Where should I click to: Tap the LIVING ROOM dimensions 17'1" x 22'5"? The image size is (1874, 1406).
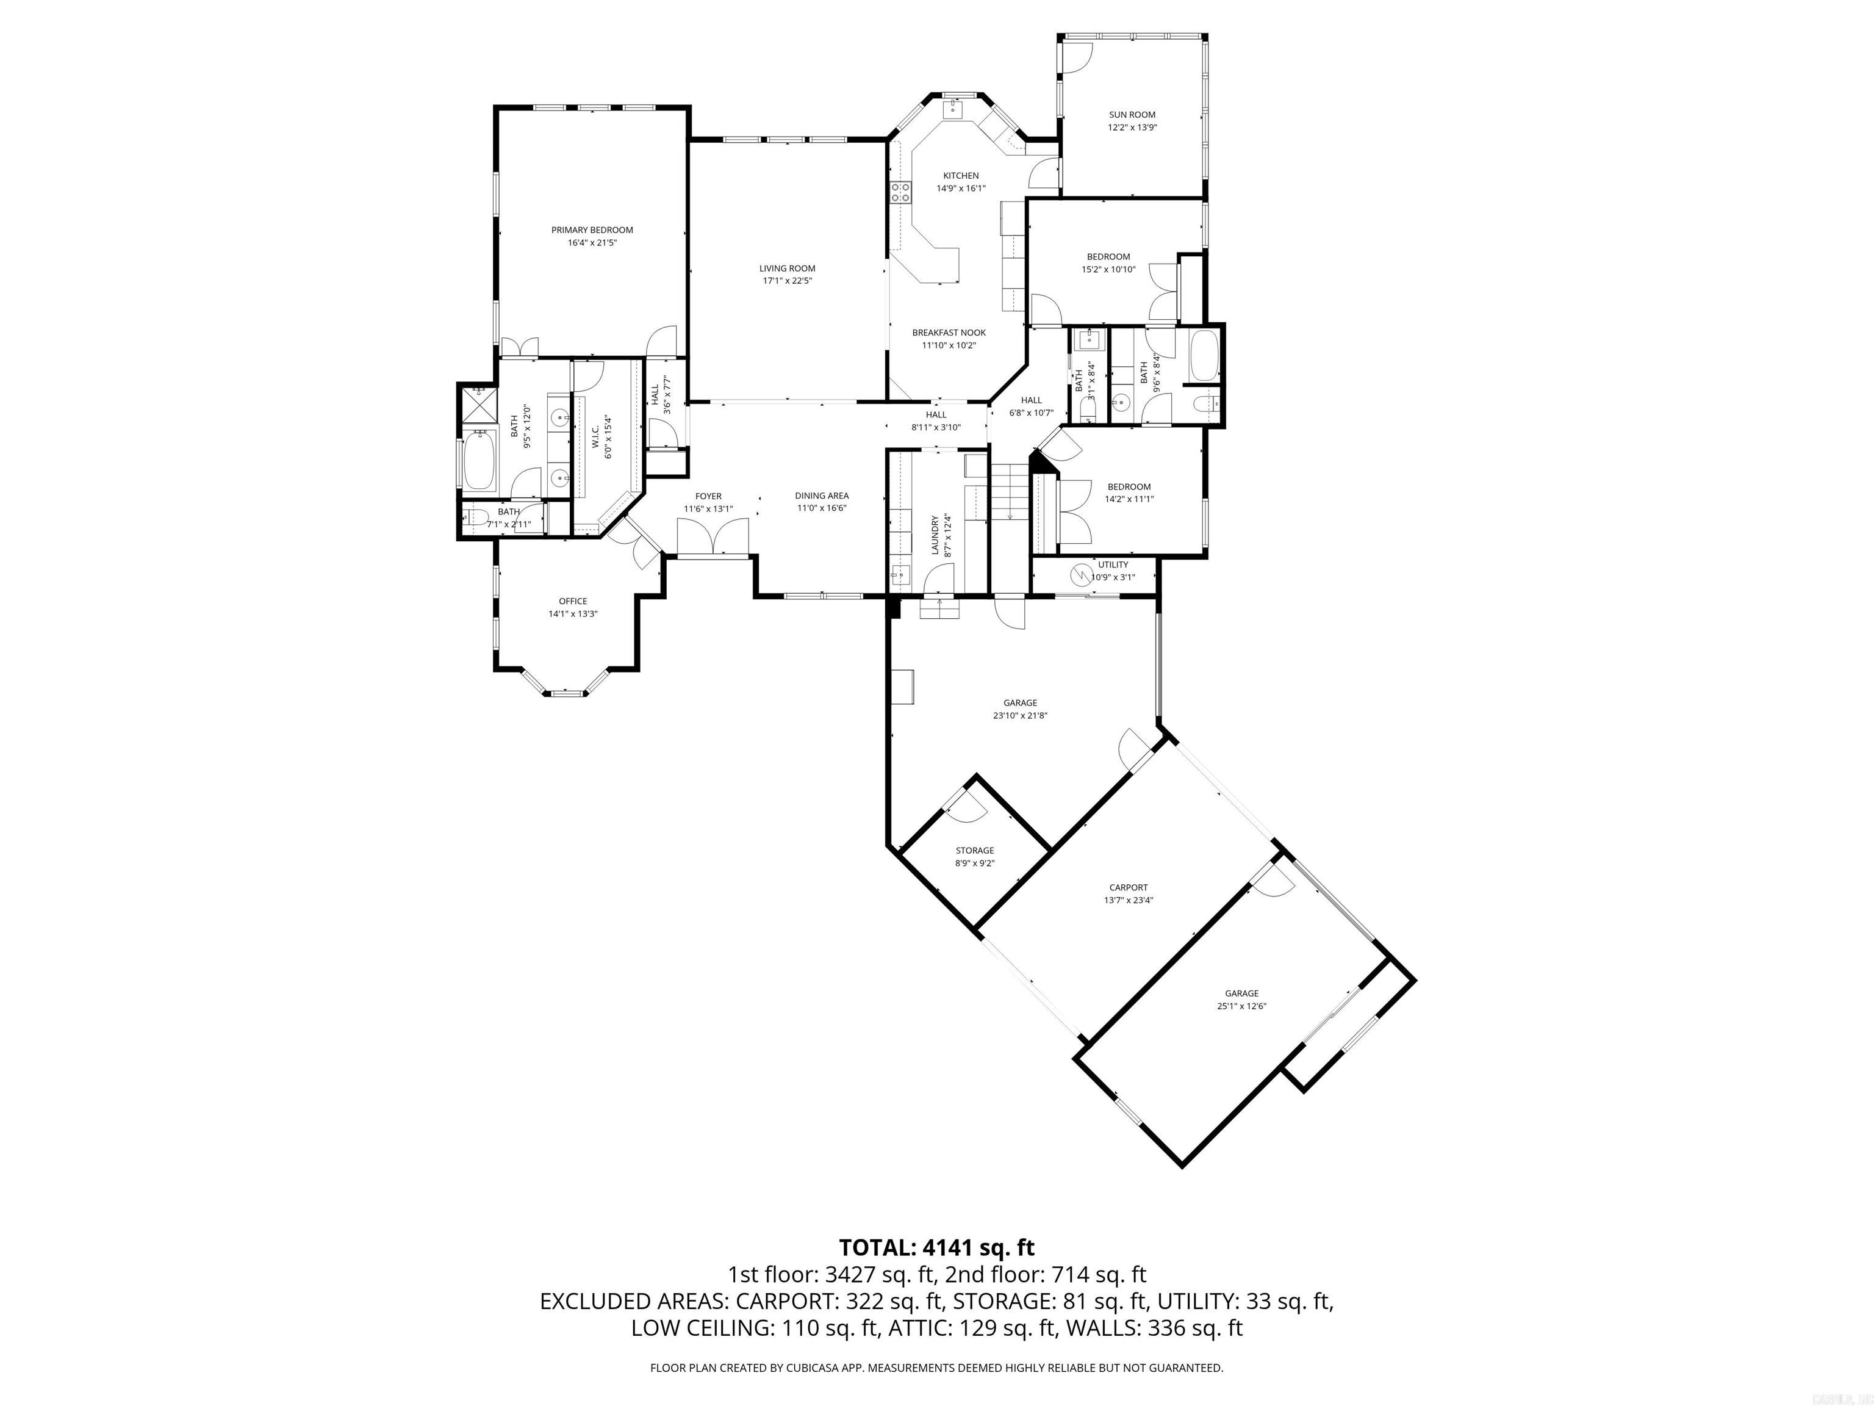[787, 281]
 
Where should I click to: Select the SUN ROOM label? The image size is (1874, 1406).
[1132, 114]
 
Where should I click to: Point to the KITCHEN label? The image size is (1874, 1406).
[961, 175]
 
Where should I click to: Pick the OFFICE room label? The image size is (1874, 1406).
[573, 601]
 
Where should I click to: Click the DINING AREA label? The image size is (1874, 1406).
[821, 496]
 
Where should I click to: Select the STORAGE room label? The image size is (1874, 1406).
[974, 850]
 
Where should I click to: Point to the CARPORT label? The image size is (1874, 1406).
[1129, 887]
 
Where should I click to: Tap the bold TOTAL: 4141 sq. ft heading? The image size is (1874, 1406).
[936, 1247]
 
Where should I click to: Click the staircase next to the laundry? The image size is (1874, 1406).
[1009, 496]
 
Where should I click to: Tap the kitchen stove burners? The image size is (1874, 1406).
[900, 192]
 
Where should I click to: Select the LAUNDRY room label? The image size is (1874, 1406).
[935, 535]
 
